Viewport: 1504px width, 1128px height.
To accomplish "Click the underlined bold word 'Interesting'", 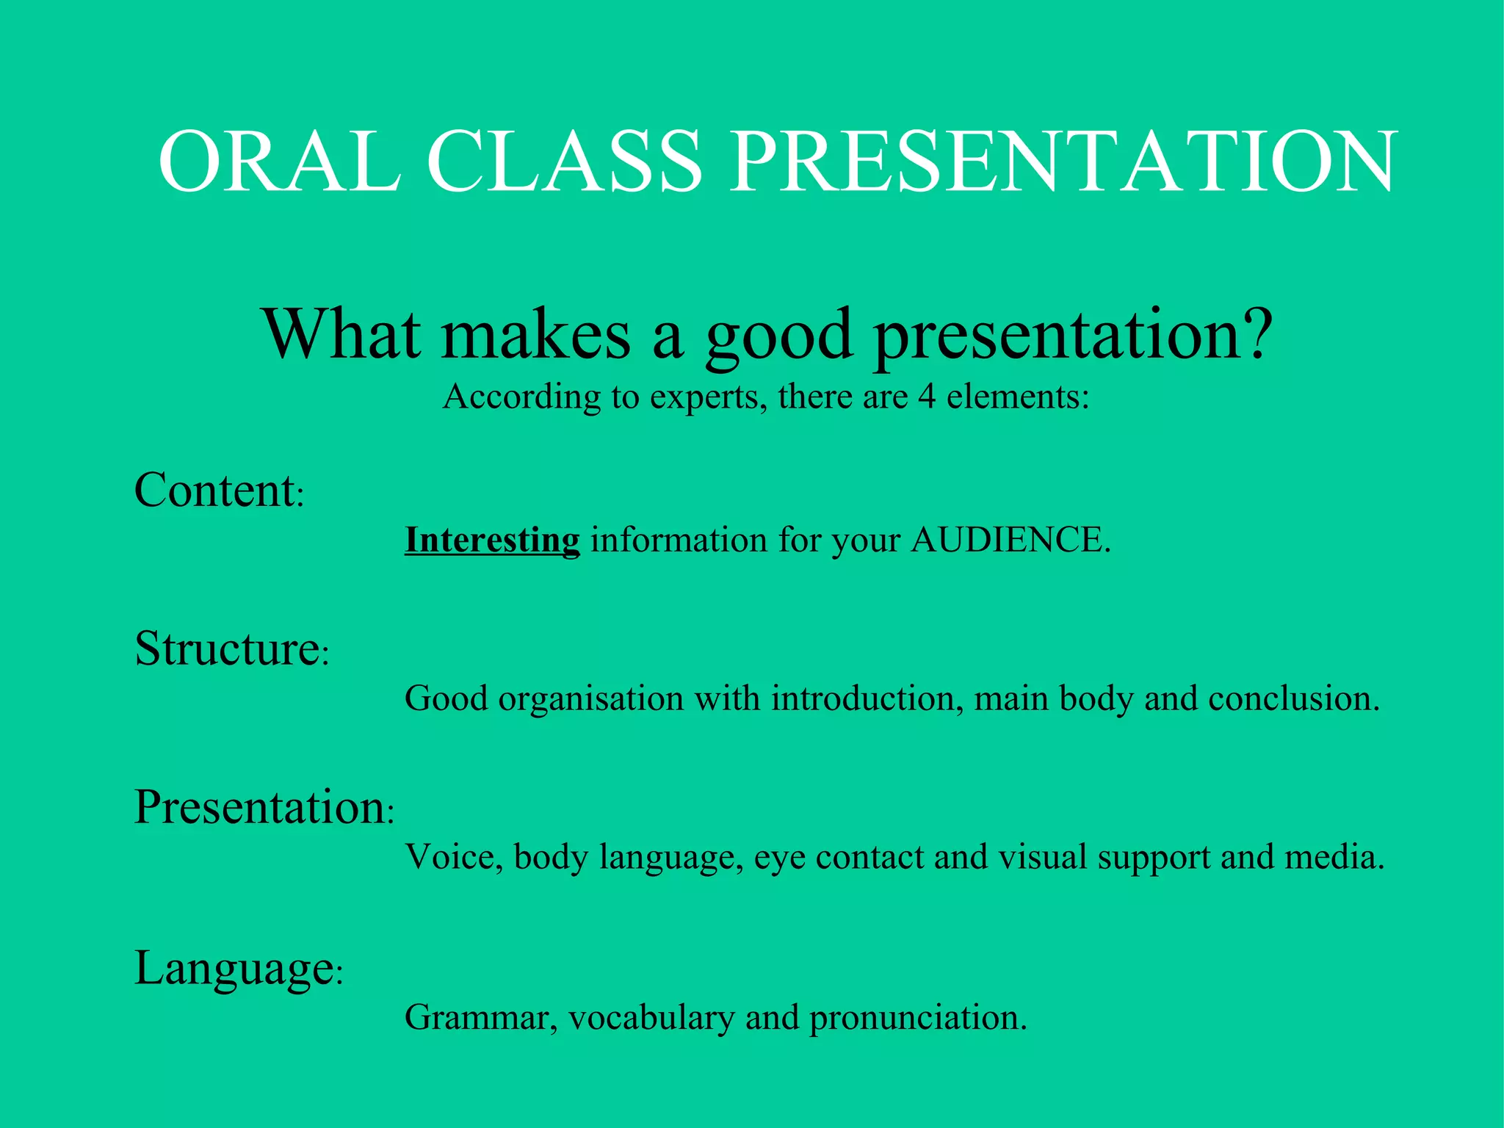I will (x=492, y=540).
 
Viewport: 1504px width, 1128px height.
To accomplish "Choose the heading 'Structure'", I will (x=227, y=648).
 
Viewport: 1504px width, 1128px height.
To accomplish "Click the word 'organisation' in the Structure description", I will (x=591, y=698).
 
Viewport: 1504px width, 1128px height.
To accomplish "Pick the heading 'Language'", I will (x=234, y=968).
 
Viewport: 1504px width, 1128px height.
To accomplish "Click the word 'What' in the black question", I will (x=342, y=334).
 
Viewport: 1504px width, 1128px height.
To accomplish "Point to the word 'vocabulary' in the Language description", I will (x=651, y=1018).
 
